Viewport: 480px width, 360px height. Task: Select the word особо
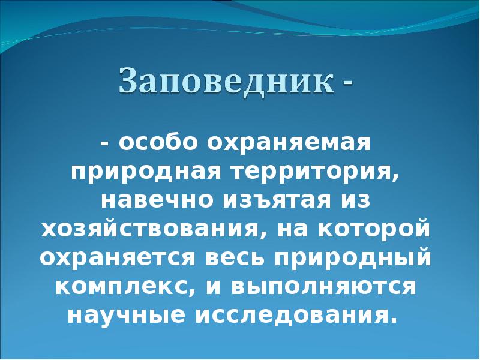click(158, 144)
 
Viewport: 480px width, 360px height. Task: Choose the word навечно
click(154, 201)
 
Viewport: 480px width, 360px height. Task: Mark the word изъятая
click(278, 201)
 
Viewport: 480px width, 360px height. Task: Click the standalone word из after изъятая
click(356, 201)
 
